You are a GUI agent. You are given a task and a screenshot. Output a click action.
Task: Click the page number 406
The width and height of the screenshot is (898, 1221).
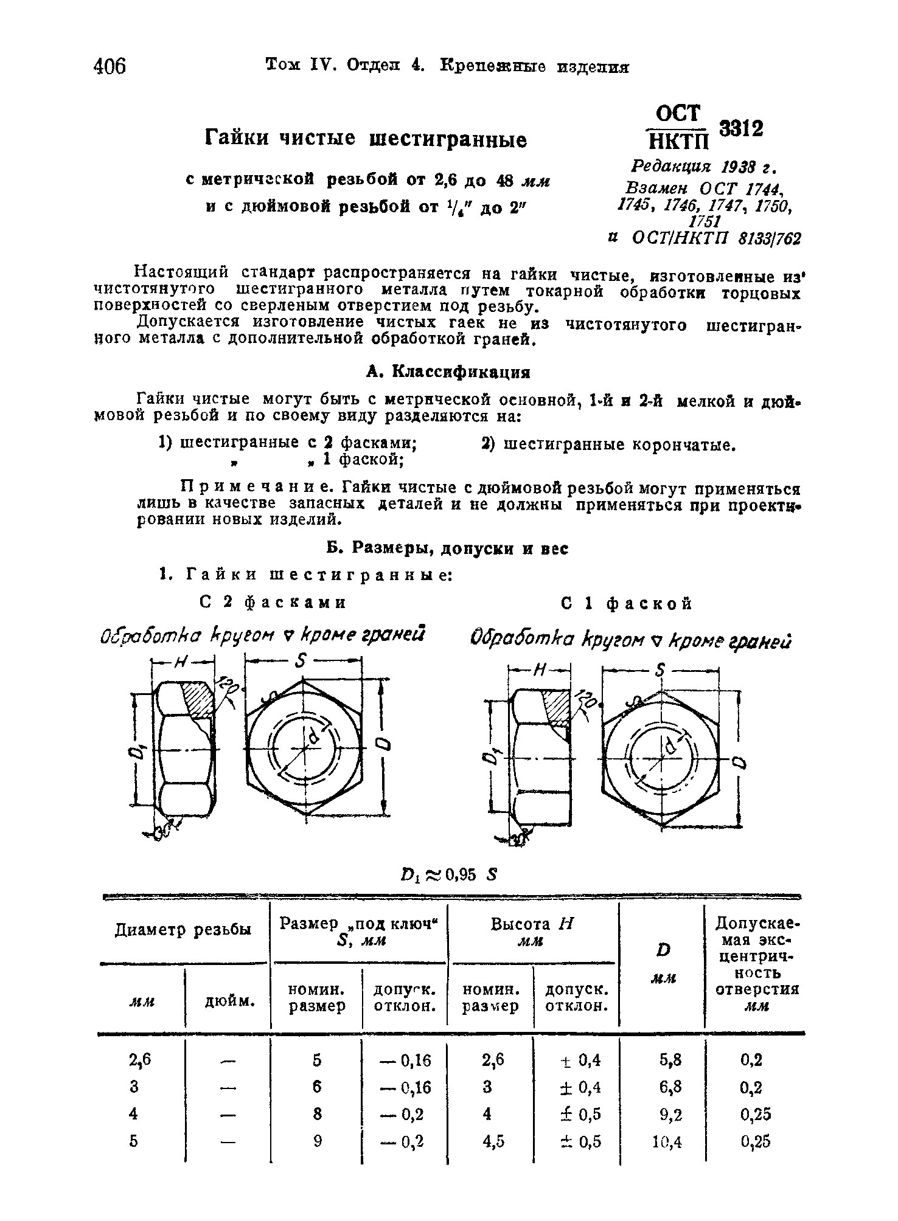click(110, 65)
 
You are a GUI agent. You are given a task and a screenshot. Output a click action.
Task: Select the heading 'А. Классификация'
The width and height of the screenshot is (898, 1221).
click(448, 371)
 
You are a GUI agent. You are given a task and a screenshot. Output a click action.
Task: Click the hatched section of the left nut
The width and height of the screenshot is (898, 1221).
click(198, 698)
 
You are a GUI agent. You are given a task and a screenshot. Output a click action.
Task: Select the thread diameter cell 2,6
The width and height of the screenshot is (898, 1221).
click(139, 1060)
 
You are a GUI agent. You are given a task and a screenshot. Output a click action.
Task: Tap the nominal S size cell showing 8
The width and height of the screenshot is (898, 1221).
click(316, 1114)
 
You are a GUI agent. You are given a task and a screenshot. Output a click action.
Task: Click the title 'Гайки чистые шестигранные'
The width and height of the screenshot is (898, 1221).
click(365, 140)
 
